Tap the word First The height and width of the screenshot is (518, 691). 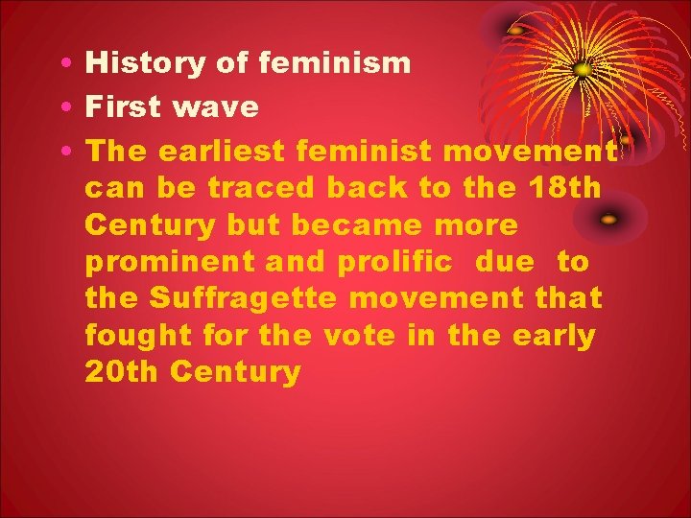pyautogui.click(x=123, y=106)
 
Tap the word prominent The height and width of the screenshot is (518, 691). pyautogui.click(x=160, y=261)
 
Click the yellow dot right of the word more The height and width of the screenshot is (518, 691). pyautogui.click(x=608, y=220)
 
